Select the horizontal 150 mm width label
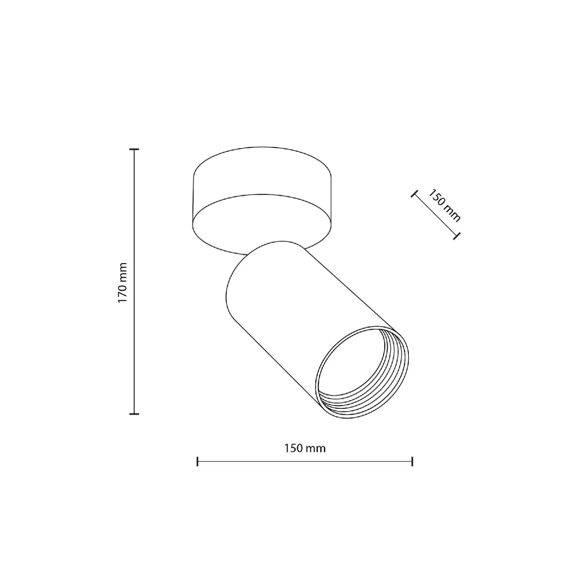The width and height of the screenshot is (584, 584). point(305,448)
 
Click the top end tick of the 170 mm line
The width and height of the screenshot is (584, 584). point(134,149)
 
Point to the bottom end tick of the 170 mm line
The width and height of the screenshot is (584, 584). point(134,414)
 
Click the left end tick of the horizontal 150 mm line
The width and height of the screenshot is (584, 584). point(198,462)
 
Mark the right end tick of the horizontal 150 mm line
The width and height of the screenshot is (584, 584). point(412,462)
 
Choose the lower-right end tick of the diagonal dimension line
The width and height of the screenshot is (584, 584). point(457,236)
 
